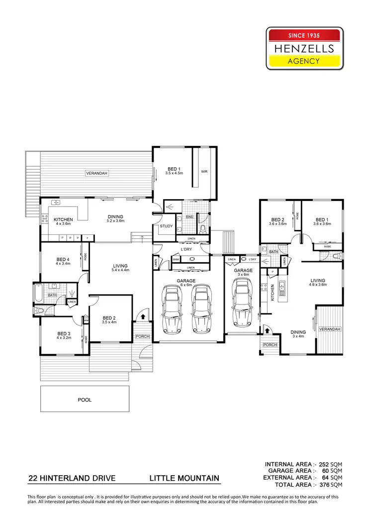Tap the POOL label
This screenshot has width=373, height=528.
tap(84, 399)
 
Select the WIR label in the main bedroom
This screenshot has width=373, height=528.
tap(204, 172)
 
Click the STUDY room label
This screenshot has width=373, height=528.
tap(166, 226)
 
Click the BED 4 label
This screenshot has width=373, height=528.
tap(63, 261)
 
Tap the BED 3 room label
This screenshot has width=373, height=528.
tap(63, 335)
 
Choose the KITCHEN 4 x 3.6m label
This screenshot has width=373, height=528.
tap(64, 221)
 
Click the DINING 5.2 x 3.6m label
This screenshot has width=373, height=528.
tap(115, 219)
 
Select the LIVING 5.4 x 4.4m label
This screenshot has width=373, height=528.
tap(120, 268)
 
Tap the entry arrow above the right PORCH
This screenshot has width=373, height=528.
tap(267, 329)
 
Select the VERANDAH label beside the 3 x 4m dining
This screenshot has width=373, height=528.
tap(330, 329)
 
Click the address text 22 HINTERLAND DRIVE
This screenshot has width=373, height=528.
tap(72, 478)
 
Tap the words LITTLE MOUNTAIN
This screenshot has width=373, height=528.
tap(185, 478)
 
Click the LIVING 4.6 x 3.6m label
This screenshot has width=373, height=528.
tap(318, 283)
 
